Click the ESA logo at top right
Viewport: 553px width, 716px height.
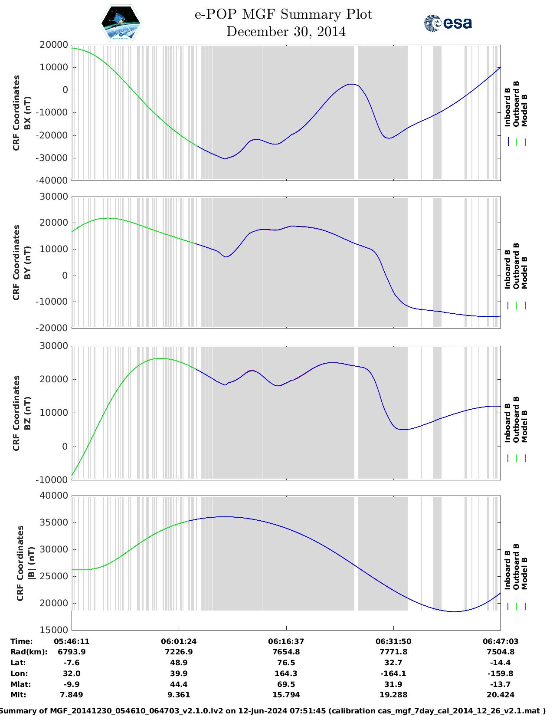point(448,23)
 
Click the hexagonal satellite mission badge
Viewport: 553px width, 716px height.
point(121,23)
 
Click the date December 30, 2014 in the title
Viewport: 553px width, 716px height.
point(286,32)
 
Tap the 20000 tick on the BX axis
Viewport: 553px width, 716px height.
point(53,45)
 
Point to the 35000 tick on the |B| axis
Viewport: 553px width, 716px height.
point(53,522)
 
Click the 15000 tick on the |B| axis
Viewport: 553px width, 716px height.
point(53,630)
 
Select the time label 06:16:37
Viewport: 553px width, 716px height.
point(286,641)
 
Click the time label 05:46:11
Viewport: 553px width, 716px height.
point(72,641)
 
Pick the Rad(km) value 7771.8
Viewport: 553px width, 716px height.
point(393,652)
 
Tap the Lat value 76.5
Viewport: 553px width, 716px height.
point(286,663)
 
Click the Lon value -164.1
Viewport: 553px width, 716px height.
point(393,673)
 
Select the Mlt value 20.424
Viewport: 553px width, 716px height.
point(501,695)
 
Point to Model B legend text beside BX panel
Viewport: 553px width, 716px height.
point(524,110)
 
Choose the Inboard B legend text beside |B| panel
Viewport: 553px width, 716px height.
point(507,570)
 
